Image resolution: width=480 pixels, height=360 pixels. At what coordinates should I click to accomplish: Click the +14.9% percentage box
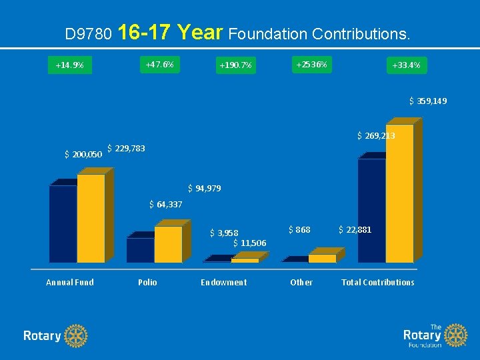pos(69,65)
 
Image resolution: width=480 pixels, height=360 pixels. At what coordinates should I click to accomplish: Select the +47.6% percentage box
pos(159,65)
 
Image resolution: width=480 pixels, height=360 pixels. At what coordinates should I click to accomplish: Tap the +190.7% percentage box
pos(235,65)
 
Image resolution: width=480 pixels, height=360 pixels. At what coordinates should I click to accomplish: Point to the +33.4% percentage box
pos(406,65)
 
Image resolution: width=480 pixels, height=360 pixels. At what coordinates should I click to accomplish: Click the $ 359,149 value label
pos(427,101)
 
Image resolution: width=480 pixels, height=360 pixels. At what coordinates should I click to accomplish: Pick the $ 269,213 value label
pos(376,136)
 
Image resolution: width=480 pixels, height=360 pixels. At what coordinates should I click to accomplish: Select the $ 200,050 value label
pos(83,155)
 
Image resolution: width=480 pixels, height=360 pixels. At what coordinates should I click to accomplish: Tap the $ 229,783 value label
pos(126,148)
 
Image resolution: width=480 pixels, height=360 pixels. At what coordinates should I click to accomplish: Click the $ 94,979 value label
pos(204,189)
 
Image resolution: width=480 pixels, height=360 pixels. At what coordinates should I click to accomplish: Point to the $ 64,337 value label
pos(165,204)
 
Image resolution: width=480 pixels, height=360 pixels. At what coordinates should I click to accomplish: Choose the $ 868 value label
pos(299,230)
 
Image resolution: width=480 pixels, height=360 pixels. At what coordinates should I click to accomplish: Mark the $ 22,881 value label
pos(355,230)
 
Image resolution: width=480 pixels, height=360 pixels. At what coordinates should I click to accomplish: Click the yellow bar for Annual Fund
pos(91,218)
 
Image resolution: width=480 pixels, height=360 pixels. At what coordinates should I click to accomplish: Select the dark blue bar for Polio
pos(140,250)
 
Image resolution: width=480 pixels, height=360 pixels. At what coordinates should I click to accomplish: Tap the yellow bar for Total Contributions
pos(399,193)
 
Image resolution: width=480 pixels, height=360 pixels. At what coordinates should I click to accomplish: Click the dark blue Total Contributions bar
pos(371,210)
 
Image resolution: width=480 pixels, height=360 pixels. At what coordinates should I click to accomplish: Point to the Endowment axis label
pos(223,283)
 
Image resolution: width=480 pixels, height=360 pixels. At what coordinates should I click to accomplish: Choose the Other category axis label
pos(301,283)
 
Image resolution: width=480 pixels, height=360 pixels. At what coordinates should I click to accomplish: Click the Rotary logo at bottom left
pos(55,335)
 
